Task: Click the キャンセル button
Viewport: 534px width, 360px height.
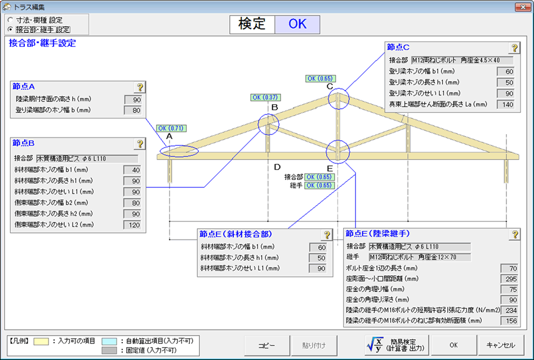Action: [x=500, y=345]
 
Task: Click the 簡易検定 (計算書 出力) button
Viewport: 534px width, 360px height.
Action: [x=397, y=345]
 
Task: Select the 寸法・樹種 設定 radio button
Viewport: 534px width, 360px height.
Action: [x=10, y=20]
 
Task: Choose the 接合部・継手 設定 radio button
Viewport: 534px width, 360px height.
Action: [x=10, y=29]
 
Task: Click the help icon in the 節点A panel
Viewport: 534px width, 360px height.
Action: [x=140, y=87]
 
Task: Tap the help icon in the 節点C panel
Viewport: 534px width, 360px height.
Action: [x=514, y=48]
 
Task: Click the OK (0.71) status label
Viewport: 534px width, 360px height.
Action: [x=171, y=128]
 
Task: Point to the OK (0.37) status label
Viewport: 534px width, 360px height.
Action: [x=266, y=97]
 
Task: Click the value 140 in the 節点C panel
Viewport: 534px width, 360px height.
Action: [x=508, y=105]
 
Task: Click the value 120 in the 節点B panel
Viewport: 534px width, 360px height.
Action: [x=134, y=225]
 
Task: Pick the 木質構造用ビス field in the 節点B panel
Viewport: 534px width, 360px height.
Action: [x=87, y=159]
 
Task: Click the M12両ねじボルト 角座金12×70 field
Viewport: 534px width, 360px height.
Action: [x=420, y=257]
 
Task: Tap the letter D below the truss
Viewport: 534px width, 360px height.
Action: [x=277, y=167]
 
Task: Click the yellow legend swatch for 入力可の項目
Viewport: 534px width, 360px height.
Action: [x=41, y=341]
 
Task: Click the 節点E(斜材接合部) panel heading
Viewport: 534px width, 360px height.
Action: [x=235, y=234]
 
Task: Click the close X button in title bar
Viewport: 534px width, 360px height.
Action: [x=523, y=7]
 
